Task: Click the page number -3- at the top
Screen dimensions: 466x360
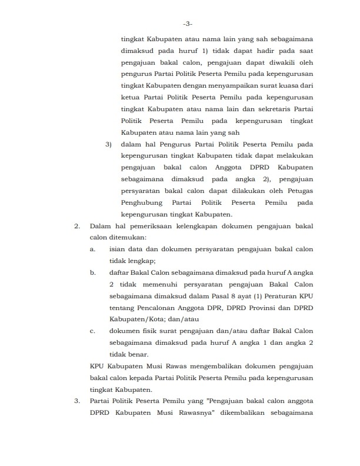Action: [187, 24]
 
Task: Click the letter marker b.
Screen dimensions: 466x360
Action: [93, 272]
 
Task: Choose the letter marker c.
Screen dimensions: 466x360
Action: [93, 331]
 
